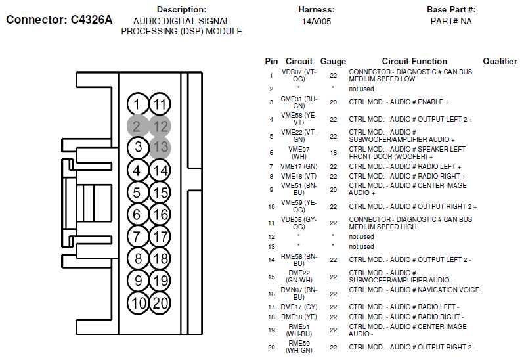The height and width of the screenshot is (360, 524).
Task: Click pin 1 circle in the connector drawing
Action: [137, 104]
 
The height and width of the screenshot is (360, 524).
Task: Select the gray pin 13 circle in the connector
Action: [160, 147]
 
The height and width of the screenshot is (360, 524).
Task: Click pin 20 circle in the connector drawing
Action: [160, 303]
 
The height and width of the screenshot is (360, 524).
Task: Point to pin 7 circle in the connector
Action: [137, 236]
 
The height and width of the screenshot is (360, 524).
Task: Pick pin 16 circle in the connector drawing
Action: [160, 214]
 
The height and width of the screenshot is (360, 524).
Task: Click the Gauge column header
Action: [333, 61]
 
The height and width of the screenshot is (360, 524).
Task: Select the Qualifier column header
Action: [500, 61]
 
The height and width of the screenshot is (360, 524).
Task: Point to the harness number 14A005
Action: [317, 22]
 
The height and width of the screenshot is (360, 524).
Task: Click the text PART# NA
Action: [451, 22]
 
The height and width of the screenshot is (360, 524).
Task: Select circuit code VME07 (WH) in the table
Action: [299, 152]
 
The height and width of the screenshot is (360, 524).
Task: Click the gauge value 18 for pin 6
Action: [333, 152]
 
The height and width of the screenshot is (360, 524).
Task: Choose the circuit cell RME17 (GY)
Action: [299, 307]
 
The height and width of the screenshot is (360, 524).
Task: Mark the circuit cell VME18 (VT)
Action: [299, 176]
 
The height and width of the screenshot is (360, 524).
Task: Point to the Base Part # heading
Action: [451, 10]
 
